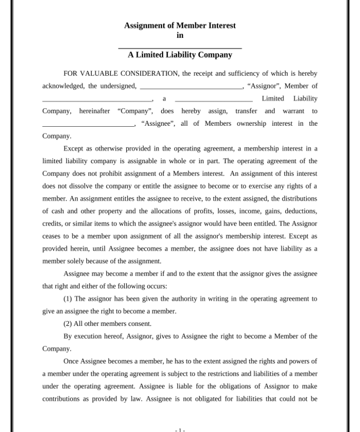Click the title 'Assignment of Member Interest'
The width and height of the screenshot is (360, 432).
tap(180, 25)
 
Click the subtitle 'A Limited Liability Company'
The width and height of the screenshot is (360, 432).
tap(180, 55)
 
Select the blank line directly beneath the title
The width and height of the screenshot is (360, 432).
tap(180, 47)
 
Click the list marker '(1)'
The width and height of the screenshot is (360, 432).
tap(68, 299)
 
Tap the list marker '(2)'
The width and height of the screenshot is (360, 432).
tap(68, 324)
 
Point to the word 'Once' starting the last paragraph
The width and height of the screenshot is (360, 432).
tap(71, 361)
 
